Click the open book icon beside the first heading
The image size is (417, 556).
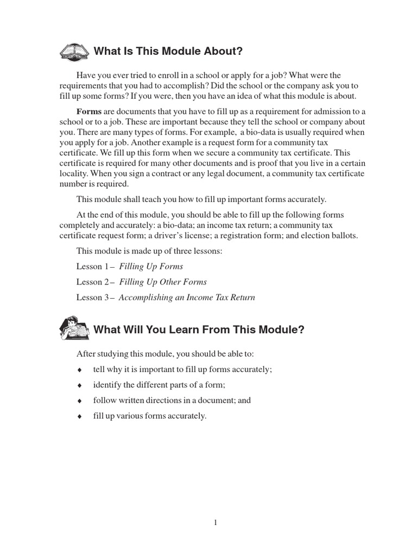point(74,52)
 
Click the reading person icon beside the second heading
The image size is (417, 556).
point(74,328)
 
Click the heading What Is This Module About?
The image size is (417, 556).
point(168,52)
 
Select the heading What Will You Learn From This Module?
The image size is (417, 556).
point(199,330)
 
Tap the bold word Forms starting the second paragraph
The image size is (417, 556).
point(89,111)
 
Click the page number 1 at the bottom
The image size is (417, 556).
point(216,523)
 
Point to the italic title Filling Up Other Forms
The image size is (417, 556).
point(163,282)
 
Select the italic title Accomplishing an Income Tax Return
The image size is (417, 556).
point(187,298)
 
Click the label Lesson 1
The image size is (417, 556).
point(93,267)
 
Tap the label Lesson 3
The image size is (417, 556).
point(93,298)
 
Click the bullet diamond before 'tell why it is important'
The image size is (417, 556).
point(79,370)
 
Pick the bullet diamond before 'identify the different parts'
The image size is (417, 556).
point(79,386)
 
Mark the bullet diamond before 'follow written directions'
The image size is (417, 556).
point(79,401)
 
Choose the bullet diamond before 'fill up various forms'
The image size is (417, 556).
point(79,416)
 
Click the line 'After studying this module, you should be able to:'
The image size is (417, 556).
point(165,354)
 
